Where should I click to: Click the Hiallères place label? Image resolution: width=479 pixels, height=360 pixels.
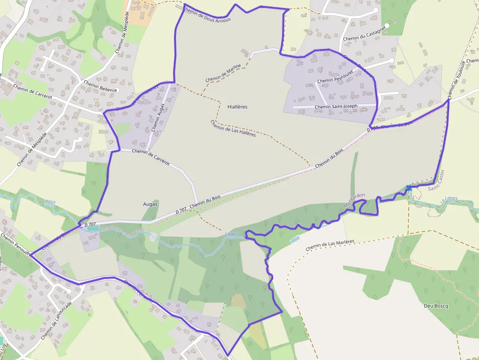(x=238, y=106)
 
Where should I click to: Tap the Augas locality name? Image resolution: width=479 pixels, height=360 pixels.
(x=150, y=204)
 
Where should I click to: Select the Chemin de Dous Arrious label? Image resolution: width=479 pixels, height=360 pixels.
(x=207, y=14)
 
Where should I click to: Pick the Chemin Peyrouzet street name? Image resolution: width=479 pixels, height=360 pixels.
(x=335, y=80)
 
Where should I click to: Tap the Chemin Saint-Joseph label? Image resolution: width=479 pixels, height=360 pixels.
(x=336, y=106)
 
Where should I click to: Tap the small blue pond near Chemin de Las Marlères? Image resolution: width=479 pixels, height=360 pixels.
(x=295, y=240)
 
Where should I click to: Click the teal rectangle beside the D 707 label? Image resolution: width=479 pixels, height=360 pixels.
(x=92, y=228)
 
